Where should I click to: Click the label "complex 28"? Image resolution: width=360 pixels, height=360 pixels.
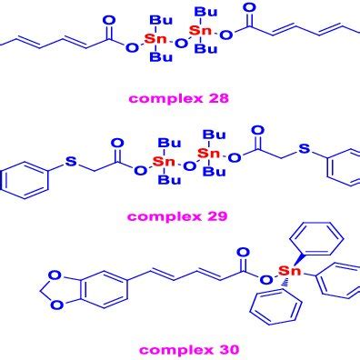(179, 99)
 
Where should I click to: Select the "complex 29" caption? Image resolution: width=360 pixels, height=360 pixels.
(177, 216)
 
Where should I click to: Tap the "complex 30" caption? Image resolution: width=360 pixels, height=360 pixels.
(189, 350)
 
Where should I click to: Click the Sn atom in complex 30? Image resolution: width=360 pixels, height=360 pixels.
(290, 270)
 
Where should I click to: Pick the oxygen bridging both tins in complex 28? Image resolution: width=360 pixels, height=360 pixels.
(182, 44)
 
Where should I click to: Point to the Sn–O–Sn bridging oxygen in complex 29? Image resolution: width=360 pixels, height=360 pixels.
(190, 166)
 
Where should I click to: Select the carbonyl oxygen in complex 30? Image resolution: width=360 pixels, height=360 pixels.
(244, 253)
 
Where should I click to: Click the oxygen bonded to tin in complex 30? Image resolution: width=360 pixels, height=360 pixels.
(266, 279)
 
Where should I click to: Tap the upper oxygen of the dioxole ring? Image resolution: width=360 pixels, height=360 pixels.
(56, 276)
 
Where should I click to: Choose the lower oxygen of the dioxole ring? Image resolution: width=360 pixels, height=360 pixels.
(56, 304)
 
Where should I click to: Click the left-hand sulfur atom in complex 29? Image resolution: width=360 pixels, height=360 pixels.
(71, 161)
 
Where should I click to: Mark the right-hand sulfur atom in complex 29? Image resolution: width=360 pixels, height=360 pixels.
(305, 148)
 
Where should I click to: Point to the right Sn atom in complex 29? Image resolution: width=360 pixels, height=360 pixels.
(208, 153)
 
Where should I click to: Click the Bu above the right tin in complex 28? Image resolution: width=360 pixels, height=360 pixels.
(206, 12)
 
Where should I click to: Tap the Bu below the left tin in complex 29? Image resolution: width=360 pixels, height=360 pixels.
(169, 180)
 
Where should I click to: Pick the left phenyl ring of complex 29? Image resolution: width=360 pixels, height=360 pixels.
(25, 180)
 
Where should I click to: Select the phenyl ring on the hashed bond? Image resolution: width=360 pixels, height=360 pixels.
(276, 306)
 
